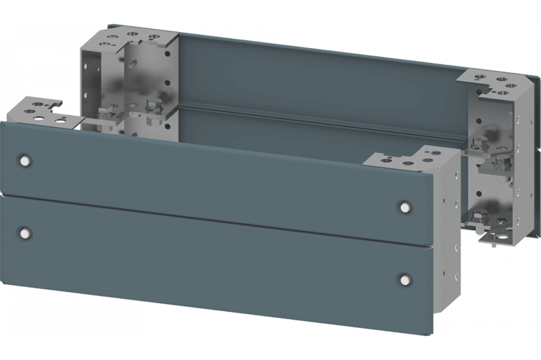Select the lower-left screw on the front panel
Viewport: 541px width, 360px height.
coord(24,232)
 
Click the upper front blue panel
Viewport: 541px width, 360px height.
coord(216,173)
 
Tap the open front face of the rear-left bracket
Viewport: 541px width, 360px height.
coord(103,81)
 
